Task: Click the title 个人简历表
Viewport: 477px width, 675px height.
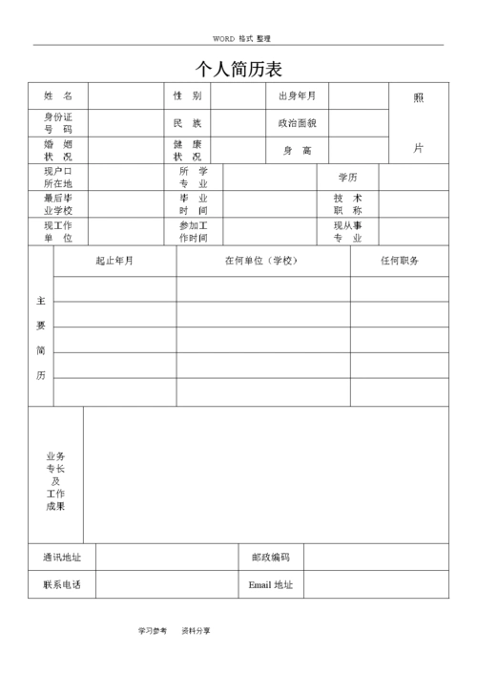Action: click(x=238, y=70)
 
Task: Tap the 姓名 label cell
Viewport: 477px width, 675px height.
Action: click(x=57, y=96)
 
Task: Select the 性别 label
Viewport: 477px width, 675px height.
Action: click(x=187, y=96)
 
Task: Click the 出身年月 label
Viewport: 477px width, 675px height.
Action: click(x=297, y=96)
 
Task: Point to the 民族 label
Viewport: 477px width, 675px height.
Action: click(x=187, y=123)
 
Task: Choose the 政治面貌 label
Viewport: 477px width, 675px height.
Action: click(x=297, y=123)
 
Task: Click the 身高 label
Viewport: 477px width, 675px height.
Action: click(x=297, y=151)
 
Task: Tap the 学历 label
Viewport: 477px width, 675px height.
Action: click(x=347, y=178)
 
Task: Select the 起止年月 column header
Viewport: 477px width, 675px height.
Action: click(x=114, y=261)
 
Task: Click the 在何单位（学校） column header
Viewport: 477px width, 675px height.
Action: click(x=262, y=261)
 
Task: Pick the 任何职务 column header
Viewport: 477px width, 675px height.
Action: click(x=399, y=261)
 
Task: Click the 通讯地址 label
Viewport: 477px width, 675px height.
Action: click(x=61, y=558)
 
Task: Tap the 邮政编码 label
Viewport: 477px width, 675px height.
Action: click(x=271, y=558)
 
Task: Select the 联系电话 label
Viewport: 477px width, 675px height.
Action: click(x=61, y=584)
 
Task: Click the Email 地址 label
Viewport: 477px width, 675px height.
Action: click(x=271, y=584)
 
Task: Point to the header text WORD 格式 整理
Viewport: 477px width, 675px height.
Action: click(x=241, y=38)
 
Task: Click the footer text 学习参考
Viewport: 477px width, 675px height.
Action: click(x=152, y=631)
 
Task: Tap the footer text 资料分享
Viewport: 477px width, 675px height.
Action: click(x=196, y=631)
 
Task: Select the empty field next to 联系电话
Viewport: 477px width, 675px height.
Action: click(x=166, y=584)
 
